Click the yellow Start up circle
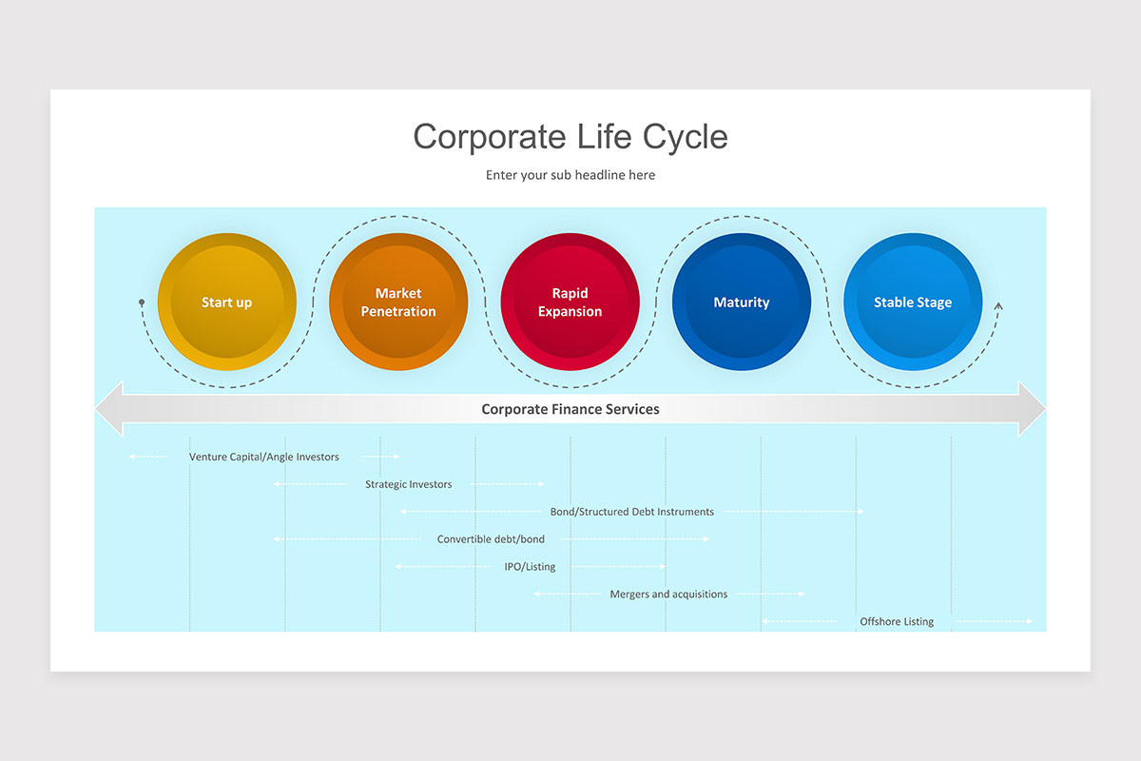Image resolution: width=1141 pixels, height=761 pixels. click(x=226, y=302)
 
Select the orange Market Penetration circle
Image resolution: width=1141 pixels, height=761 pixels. click(x=398, y=302)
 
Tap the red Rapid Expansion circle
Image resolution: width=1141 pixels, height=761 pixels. click(x=570, y=302)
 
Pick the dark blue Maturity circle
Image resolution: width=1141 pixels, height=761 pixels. click(x=741, y=302)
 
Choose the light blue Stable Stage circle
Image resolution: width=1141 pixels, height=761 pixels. click(x=913, y=302)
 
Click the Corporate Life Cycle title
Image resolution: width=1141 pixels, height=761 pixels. click(x=570, y=136)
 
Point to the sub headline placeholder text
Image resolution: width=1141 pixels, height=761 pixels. click(x=570, y=175)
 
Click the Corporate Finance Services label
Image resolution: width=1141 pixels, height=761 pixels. click(x=570, y=409)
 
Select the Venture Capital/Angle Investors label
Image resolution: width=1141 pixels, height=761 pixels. click(x=263, y=457)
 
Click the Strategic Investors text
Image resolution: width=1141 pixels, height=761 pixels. click(x=408, y=484)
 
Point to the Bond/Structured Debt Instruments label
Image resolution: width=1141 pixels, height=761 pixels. click(x=631, y=512)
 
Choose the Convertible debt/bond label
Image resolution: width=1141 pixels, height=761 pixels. click(x=491, y=539)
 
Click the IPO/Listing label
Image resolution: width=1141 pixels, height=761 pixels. click(x=530, y=567)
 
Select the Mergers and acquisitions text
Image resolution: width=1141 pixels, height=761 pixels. click(x=668, y=595)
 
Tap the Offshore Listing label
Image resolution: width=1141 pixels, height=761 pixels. click(x=897, y=622)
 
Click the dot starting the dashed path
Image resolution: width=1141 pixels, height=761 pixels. click(x=142, y=302)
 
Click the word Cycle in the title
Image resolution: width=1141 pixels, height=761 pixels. click(x=685, y=136)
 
